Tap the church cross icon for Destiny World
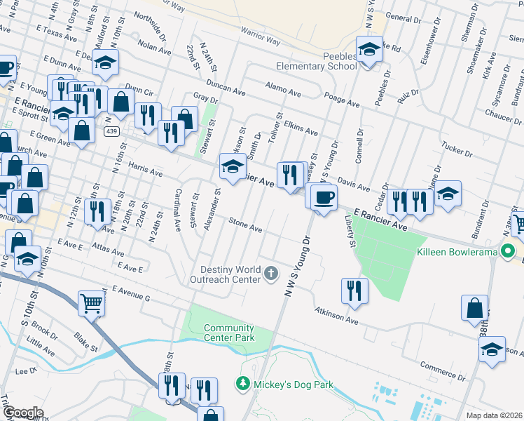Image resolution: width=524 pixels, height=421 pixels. pos(271,273)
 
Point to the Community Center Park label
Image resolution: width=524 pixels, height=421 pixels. pos(229,333)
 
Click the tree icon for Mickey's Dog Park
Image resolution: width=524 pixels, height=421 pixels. pos(242,385)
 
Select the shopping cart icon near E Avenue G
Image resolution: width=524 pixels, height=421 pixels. pos(92,303)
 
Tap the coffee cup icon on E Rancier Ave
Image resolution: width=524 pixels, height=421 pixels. pos(323,197)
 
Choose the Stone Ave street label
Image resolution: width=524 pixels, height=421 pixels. pos(245,225)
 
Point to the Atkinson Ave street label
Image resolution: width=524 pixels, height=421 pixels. pos(336,316)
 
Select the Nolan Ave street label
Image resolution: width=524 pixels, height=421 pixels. pos(155,46)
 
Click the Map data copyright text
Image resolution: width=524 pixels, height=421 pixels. pos(494,415)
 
